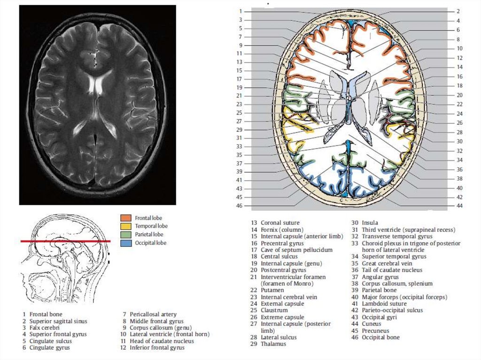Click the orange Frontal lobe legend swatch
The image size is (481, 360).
126,218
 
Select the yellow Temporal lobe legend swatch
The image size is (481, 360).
126,226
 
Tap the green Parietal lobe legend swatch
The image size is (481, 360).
126,235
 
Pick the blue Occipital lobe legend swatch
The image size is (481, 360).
126,243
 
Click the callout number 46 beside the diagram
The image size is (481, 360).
240,206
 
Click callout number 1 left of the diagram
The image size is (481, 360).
240,11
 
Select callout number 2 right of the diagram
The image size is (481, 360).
458,11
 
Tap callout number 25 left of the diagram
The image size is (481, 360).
240,113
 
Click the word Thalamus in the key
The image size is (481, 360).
273,344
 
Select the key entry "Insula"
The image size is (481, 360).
370,222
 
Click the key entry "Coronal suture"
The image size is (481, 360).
280,222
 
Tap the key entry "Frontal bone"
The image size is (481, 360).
46,314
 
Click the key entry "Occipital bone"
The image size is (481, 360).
380,337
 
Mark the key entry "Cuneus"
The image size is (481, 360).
372,324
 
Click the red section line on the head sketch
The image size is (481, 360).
66,241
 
